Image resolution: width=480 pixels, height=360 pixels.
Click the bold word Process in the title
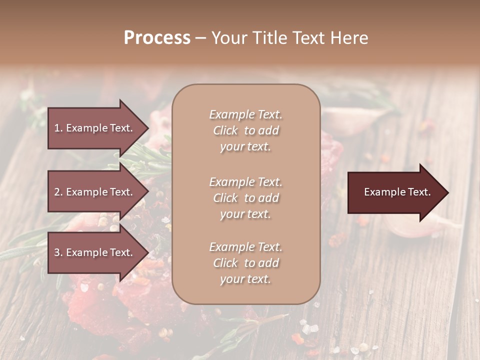click(157, 38)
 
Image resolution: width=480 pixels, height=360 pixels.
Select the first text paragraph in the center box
click(246, 130)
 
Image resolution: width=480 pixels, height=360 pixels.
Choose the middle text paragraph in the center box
click(246, 198)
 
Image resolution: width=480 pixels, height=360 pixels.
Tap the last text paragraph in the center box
click(246, 263)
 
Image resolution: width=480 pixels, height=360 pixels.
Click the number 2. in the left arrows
click(58, 192)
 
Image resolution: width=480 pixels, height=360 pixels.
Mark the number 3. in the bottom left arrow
click(58, 252)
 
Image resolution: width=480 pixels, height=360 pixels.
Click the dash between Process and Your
click(200, 38)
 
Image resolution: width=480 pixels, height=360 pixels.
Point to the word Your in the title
click(228, 38)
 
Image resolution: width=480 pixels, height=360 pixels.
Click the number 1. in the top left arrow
click(58, 128)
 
